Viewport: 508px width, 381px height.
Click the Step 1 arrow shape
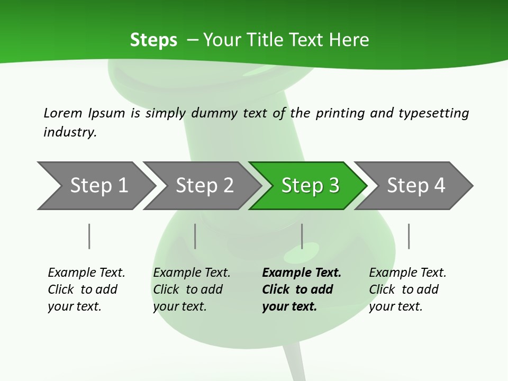coord(95,186)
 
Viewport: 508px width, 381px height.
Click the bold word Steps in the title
coord(153,40)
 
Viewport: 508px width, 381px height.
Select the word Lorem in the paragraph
coord(63,113)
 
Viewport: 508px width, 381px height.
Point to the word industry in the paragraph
coord(70,132)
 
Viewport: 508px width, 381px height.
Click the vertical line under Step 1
coord(89,236)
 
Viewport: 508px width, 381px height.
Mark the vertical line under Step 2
coord(195,236)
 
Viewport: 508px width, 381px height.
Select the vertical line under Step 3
coord(302,236)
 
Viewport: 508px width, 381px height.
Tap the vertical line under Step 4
coord(409,236)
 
